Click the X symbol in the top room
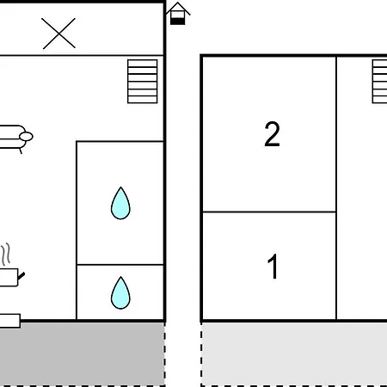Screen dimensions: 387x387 click(x=58, y=34)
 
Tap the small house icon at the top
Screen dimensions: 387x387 click(x=178, y=14)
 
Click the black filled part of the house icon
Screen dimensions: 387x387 click(x=178, y=21)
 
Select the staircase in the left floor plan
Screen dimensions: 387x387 click(x=143, y=82)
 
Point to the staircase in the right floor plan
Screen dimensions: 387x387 click(x=379, y=82)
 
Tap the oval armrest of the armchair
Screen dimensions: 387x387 click(x=26, y=137)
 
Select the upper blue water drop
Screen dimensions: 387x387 click(x=120, y=203)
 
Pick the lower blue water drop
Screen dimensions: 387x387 click(x=120, y=292)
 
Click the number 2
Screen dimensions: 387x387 click(x=272, y=134)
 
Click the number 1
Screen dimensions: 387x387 click(x=273, y=267)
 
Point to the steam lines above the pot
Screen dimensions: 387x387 click(x=6, y=254)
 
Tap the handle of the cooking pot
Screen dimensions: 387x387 click(x=21, y=276)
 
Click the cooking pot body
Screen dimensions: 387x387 click(x=9, y=277)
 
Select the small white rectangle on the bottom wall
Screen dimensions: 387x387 click(x=10, y=321)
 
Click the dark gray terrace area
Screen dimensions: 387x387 click(x=83, y=354)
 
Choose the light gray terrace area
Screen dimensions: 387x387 click(x=294, y=354)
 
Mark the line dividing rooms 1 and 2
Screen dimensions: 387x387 click(x=269, y=212)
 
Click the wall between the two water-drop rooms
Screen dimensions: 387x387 click(x=120, y=265)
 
